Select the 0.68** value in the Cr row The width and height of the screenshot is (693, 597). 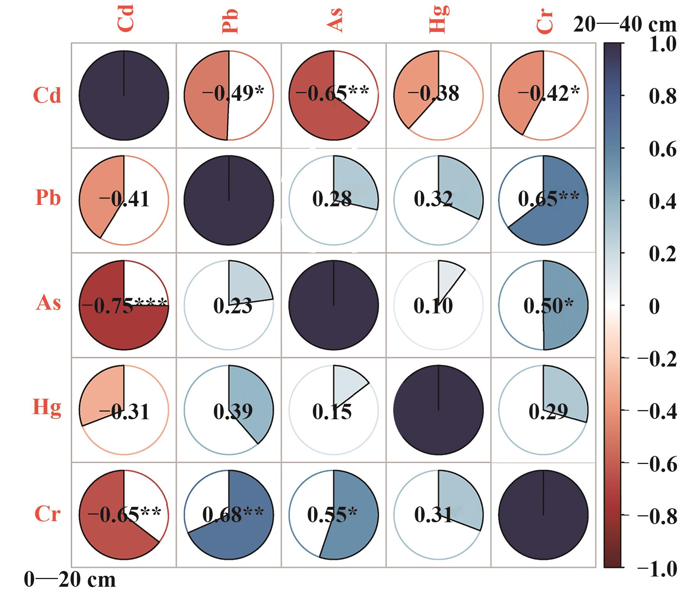233,515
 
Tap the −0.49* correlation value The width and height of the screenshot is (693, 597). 233,94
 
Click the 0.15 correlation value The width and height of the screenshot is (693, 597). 332,412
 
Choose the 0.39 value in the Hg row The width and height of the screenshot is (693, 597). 233,412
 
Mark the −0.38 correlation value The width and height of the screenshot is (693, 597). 433,94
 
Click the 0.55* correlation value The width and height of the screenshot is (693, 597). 332,515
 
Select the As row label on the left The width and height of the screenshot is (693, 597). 48,303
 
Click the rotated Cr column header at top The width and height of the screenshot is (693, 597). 544,21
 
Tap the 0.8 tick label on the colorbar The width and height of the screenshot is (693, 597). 663,96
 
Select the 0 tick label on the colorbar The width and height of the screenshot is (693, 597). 654,306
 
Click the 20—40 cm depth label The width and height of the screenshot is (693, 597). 625,25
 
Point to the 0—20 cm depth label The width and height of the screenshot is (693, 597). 70,580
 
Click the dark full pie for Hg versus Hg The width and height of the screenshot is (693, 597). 439,410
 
